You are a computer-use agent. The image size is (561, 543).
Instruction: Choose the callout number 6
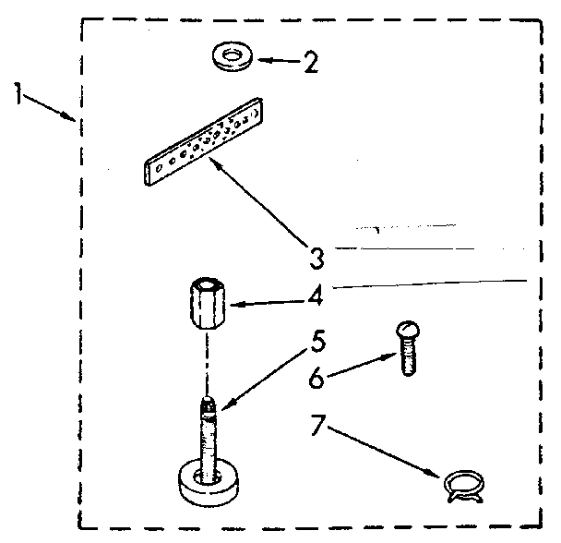click(x=316, y=379)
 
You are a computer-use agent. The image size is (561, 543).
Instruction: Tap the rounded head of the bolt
click(x=407, y=329)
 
